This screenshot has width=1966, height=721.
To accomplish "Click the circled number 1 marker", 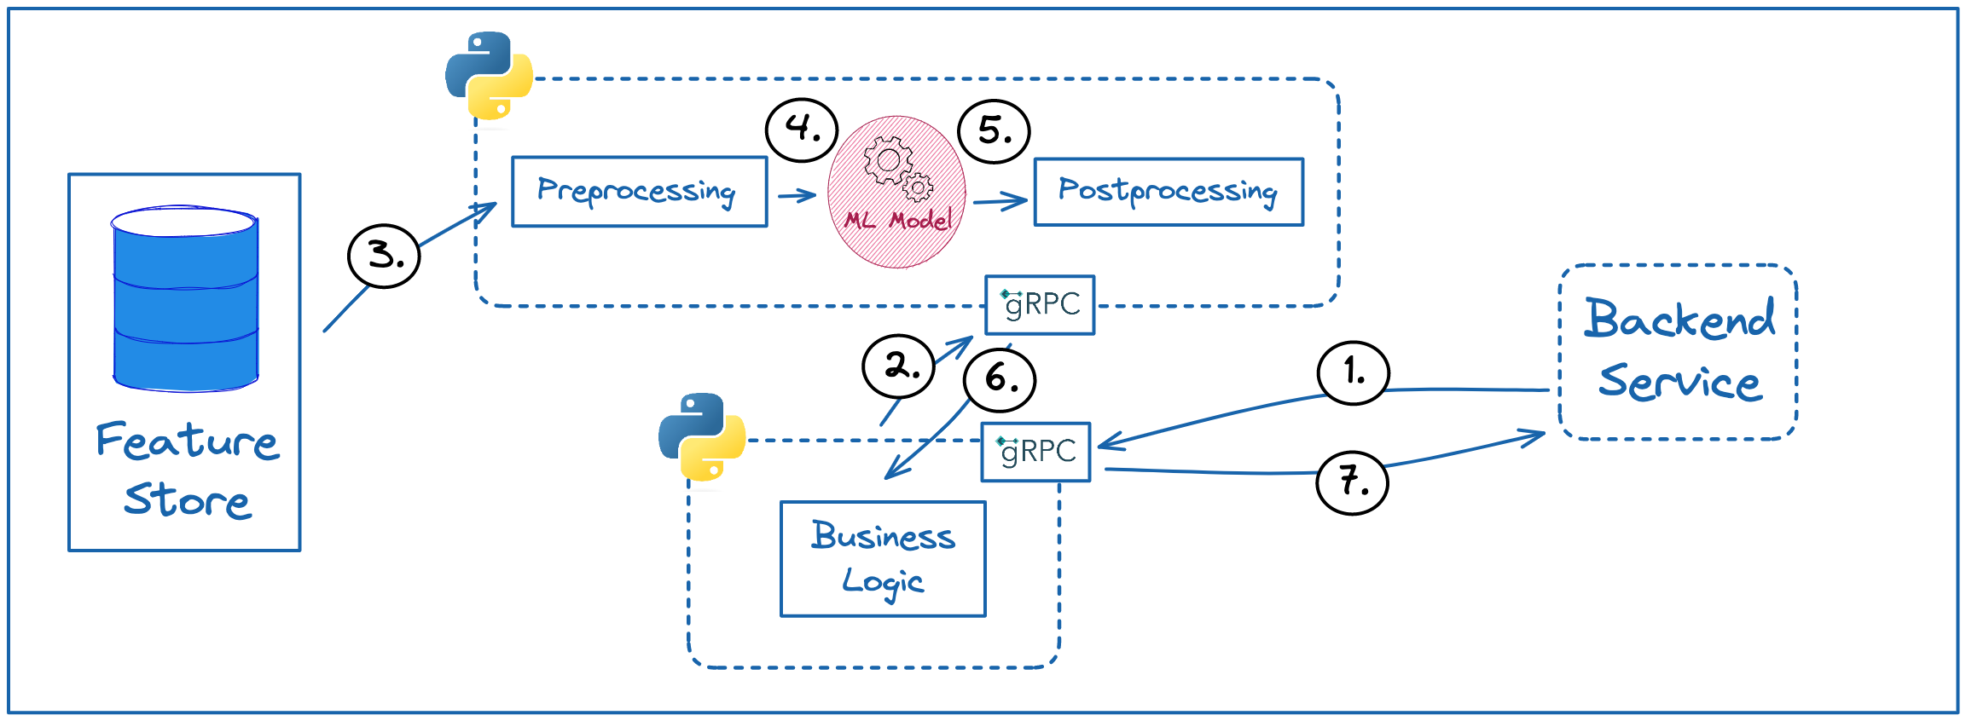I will pyautogui.click(x=1353, y=372).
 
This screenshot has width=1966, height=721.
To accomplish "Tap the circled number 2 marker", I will pyautogui.click(x=899, y=366).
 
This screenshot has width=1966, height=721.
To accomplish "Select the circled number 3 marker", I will pyautogui.click(x=384, y=256).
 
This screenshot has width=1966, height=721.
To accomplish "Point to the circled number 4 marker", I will pyautogui.click(x=802, y=130).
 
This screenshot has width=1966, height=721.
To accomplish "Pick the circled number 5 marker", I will pyautogui.click(x=994, y=131).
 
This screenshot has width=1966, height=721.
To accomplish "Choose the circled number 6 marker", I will pyautogui.click(x=1000, y=379).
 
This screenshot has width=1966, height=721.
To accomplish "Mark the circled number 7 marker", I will pyautogui.click(x=1352, y=482).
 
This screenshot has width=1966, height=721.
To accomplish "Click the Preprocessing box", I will pyautogui.click(x=639, y=192).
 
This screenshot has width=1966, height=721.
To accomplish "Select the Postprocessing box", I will pyautogui.click(x=1169, y=192).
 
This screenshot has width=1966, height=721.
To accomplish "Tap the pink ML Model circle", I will pyautogui.click(x=896, y=193).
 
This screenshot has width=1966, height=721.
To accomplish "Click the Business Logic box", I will pyautogui.click(x=883, y=558).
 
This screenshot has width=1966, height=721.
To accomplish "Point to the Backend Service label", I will pyautogui.click(x=1679, y=350).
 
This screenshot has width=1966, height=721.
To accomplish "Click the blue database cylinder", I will pyautogui.click(x=185, y=298).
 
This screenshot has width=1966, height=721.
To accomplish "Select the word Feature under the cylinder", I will pyautogui.click(x=187, y=441).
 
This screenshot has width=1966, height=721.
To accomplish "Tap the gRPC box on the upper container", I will pyautogui.click(x=1040, y=304).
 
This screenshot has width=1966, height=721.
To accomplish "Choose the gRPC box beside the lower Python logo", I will pyautogui.click(x=1035, y=452).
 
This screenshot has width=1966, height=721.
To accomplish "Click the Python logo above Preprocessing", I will pyautogui.click(x=489, y=75).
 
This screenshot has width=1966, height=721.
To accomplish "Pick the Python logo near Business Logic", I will pyautogui.click(x=702, y=436).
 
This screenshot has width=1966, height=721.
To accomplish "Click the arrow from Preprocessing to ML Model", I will pyautogui.click(x=797, y=196).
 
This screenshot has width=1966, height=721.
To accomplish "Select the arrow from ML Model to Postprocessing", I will pyautogui.click(x=1000, y=202).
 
